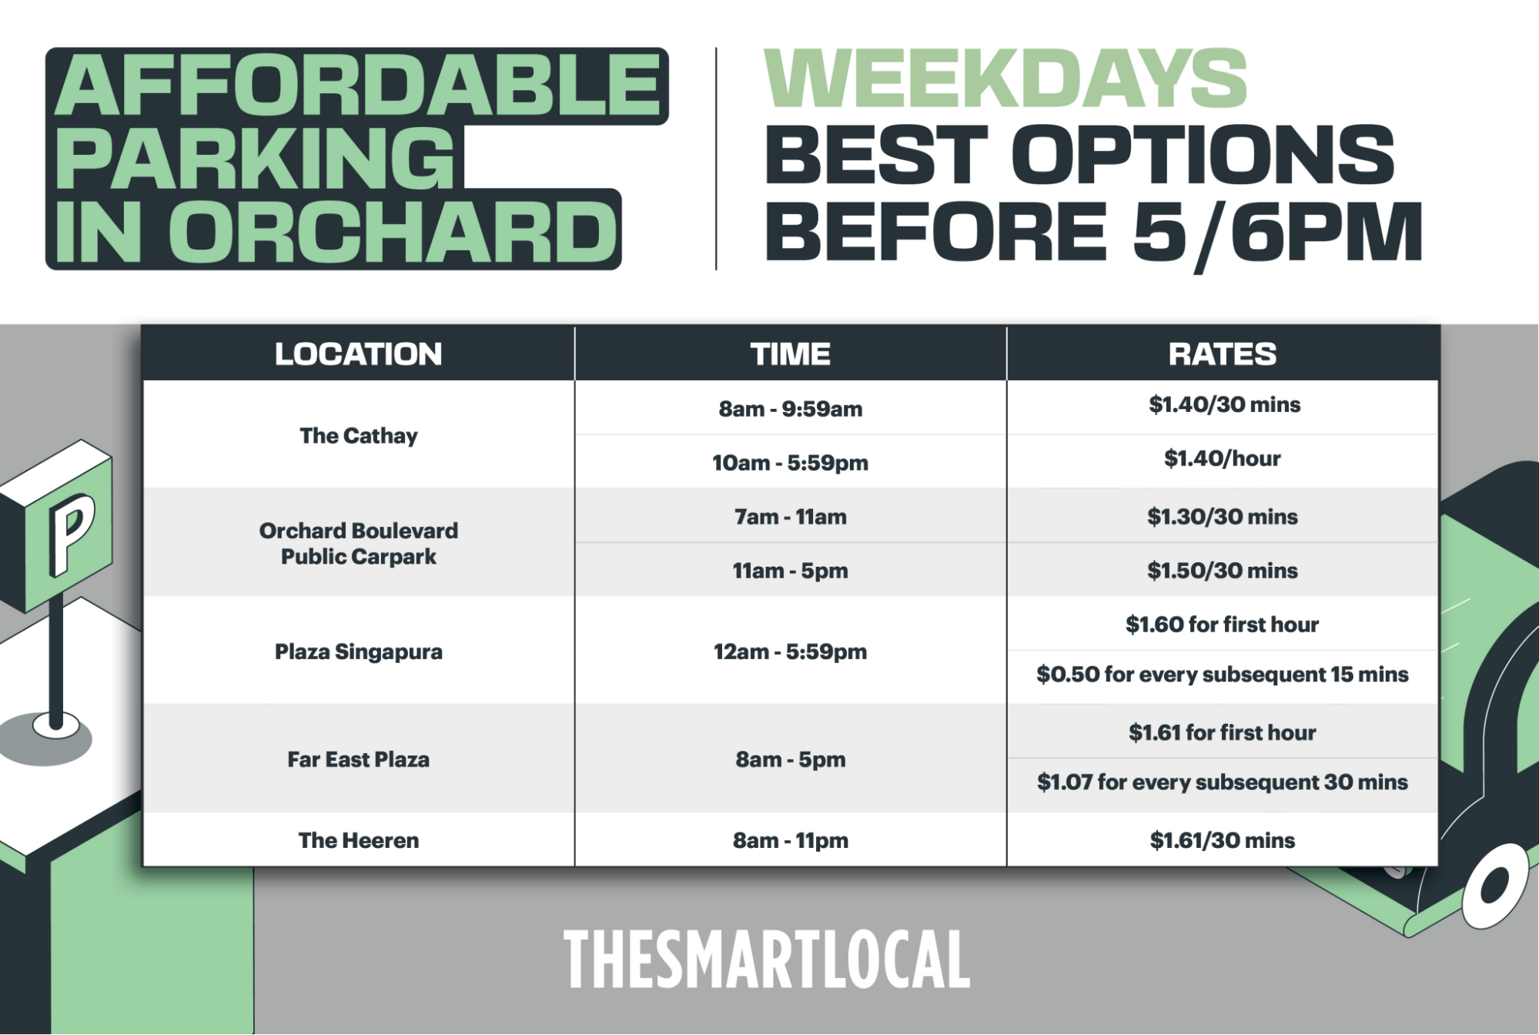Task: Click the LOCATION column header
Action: pyautogui.click(x=359, y=354)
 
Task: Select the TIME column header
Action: pyautogui.click(x=791, y=354)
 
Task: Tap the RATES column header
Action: pyautogui.click(x=1223, y=354)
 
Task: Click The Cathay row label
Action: pyautogui.click(x=359, y=436)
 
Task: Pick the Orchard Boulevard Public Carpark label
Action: pyautogui.click(x=359, y=544)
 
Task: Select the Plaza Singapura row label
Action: pyautogui.click(x=359, y=652)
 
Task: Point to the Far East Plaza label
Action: pyautogui.click(x=359, y=759)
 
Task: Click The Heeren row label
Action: pyautogui.click(x=359, y=840)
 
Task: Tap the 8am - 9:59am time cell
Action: pyautogui.click(x=791, y=409)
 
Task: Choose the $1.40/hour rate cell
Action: pyautogui.click(x=1223, y=459)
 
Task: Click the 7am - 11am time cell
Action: pyautogui.click(x=791, y=517)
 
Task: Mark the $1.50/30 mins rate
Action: pyautogui.click(x=1223, y=571)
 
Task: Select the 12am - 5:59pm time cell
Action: pyautogui.click(x=791, y=652)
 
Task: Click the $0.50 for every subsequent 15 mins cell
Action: pyautogui.click(x=1223, y=675)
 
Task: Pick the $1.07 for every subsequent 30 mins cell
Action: pyautogui.click(x=1223, y=782)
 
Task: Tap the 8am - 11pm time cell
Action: pyautogui.click(x=791, y=840)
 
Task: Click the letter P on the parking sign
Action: pyautogui.click(x=71, y=534)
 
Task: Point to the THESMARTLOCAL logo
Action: pyautogui.click(x=767, y=959)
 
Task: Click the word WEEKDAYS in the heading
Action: pyautogui.click(x=1005, y=79)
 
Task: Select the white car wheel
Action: pyautogui.click(x=1496, y=886)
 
